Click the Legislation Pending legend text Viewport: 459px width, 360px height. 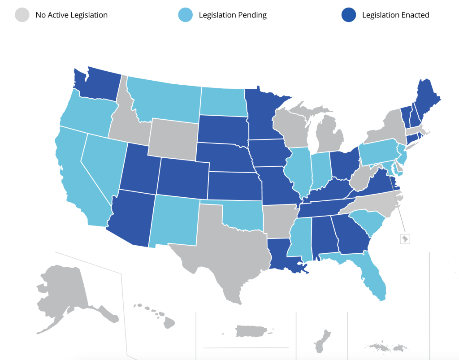(233, 15)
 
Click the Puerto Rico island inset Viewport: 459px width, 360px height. (251, 331)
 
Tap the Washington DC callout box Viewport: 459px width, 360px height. (404, 239)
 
